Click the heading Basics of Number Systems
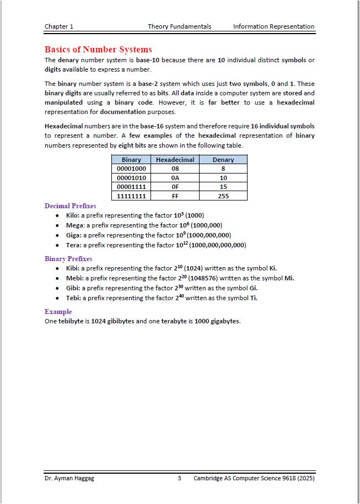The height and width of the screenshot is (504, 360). pyautogui.click(x=98, y=50)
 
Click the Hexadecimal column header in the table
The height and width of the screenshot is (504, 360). pyautogui.click(x=175, y=160)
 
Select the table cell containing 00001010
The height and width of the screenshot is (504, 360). pyautogui.click(x=131, y=178)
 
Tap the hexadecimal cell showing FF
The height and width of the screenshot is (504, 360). pyautogui.click(x=175, y=196)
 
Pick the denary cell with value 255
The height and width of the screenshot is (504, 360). pyautogui.click(x=223, y=196)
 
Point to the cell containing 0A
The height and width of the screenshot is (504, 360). pyautogui.click(x=175, y=178)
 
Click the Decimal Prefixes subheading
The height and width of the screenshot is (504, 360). pyautogui.click(x=70, y=206)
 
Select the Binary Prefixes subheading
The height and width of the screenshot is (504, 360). pyautogui.click(x=68, y=259)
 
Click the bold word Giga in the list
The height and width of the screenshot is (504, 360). pyautogui.click(x=73, y=235)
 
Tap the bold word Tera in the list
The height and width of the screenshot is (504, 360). pyautogui.click(x=73, y=245)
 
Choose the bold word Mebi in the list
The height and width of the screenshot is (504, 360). pyautogui.click(x=74, y=278)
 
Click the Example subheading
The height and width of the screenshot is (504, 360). pyautogui.click(x=58, y=312)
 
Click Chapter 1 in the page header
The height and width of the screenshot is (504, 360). pyautogui.click(x=59, y=26)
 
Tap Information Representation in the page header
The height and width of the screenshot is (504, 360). pyautogui.click(x=273, y=26)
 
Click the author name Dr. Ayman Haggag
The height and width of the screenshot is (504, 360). pyautogui.click(x=69, y=478)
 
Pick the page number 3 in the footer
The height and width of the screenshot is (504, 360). pyautogui.click(x=180, y=478)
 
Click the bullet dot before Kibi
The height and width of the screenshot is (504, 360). pyautogui.click(x=58, y=269)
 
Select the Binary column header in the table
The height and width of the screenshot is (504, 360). pyautogui.click(x=131, y=160)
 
